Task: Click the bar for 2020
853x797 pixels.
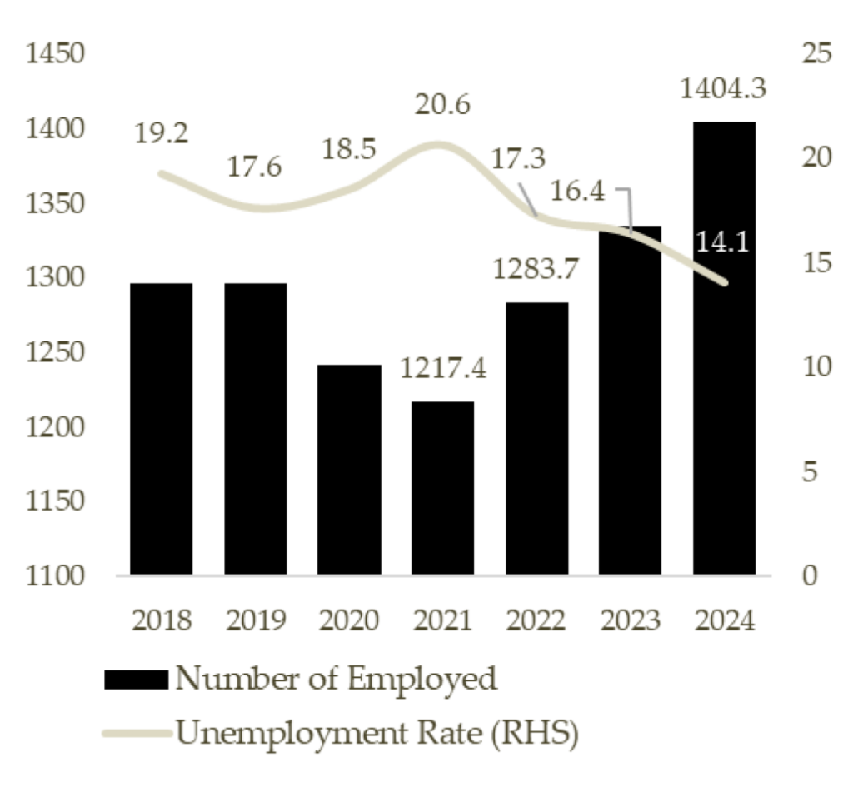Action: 349,470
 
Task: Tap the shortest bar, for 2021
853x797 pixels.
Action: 442,488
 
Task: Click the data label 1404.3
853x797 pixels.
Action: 723,87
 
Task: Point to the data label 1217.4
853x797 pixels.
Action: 442,367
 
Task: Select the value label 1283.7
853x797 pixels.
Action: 536,268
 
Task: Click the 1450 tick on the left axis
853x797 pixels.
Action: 56,54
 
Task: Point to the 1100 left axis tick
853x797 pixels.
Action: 56,576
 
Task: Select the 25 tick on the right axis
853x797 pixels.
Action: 816,54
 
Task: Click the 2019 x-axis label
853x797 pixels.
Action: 255,620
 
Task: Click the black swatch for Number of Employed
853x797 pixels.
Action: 136,680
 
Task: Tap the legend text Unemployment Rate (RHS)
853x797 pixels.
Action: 376,735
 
